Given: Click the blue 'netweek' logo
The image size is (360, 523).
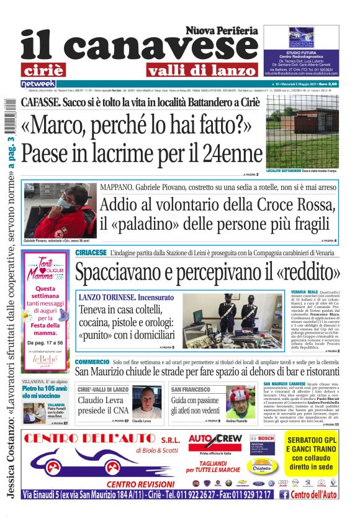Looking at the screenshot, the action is pos(38,83).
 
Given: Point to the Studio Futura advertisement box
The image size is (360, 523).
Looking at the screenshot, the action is pos(304,52).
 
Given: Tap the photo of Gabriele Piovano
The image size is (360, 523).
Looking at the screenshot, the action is pos(60,211).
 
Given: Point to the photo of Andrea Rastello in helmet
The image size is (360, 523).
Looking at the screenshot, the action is pos(239,402).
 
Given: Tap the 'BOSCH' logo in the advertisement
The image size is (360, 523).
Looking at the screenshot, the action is pos(266,437).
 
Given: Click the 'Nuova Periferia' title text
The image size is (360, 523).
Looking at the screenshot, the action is pos(222,30).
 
